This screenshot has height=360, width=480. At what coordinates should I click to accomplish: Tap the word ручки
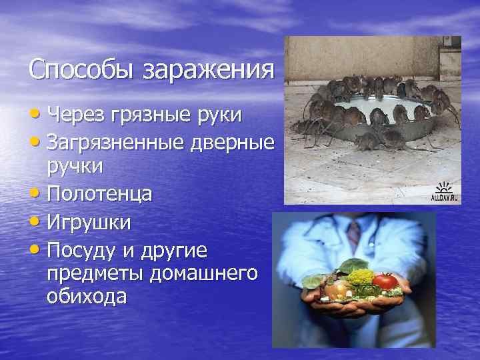75,167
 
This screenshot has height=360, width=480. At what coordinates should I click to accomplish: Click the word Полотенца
100,194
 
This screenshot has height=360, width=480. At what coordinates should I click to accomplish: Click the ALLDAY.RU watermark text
444,198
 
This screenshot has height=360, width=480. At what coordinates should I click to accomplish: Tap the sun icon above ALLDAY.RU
444,187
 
